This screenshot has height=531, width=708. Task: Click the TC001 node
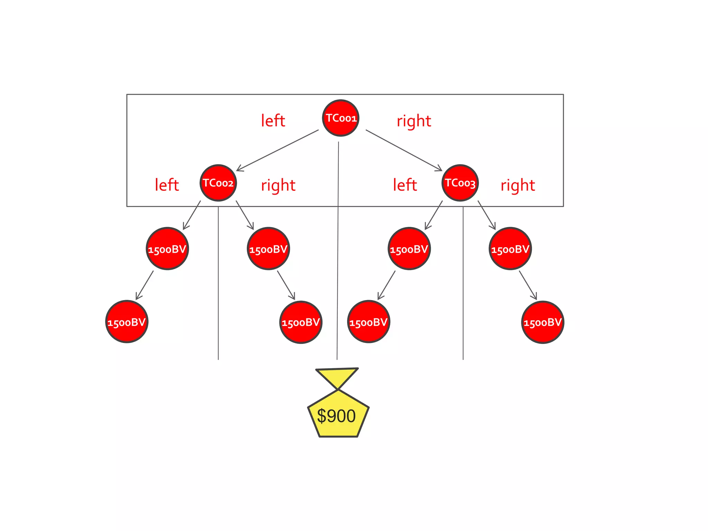[x=341, y=118]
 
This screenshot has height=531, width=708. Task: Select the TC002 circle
[x=218, y=183]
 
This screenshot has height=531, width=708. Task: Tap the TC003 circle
[x=460, y=183]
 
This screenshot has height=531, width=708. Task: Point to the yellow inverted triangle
[x=337, y=376]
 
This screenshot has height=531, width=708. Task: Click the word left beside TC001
[x=273, y=121]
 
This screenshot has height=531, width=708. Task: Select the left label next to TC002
[x=167, y=185]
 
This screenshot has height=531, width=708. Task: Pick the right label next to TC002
[x=278, y=186]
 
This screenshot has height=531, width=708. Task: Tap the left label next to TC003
[x=405, y=185]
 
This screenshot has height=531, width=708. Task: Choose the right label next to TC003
[x=518, y=186]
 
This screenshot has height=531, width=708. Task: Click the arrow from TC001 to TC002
[x=277, y=150]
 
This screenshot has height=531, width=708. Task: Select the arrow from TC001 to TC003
[x=404, y=150]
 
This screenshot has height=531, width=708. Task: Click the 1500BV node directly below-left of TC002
[x=167, y=249]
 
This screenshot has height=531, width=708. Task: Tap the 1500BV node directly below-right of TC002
[x=268, y=249]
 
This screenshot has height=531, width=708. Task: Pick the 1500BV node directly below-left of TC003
[x=409, y=249]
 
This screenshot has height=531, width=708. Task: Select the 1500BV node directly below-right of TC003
[x=510, y=249]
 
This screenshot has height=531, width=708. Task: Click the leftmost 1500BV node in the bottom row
[x=127, y=322]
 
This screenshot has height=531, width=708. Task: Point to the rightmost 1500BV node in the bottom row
[x=542, y=322]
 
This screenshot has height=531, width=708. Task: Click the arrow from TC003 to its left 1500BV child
[x=434, y=215]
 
